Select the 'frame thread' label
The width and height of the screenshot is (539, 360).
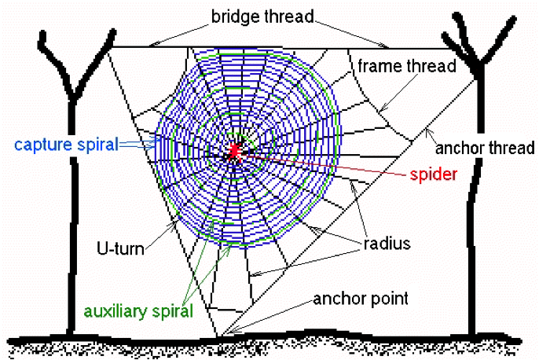click(407, 66)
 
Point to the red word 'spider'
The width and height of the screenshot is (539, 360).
click(434, 173)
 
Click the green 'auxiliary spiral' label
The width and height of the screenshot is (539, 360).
click(137, 310)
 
